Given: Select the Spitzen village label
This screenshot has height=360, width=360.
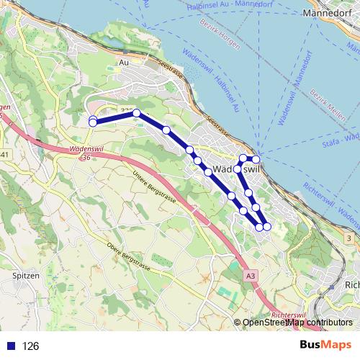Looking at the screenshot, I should (x=24, y=276).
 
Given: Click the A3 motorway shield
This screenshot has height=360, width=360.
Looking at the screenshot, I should (x=249, y=275).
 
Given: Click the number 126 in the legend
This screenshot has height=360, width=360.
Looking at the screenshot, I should (x=30, y=346).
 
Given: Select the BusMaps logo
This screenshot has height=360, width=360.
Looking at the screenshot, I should (x=323, y=346).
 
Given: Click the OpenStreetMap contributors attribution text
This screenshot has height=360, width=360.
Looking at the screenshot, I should (x=297, y=323).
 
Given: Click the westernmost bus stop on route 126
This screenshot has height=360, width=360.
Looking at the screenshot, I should (x=93, y=122).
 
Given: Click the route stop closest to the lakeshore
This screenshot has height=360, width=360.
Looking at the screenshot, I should (x=256, y=159).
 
